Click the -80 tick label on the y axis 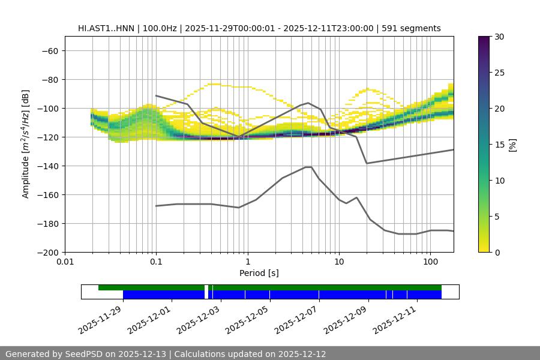(x=49, y=79)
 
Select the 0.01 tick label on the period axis (x=65, y=262)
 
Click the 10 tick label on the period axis (x=339, y=262)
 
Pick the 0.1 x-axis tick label (x=156, y=262)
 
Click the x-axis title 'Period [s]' (x=259, y=273)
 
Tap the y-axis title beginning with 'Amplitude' (x=26, y=144)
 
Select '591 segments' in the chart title (x=415, y=28)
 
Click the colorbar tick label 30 (x=499, y=37)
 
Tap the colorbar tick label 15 (x=499, y=144)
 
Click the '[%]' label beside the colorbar (x=512, y=144)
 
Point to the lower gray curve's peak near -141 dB (x=308, y=167)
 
